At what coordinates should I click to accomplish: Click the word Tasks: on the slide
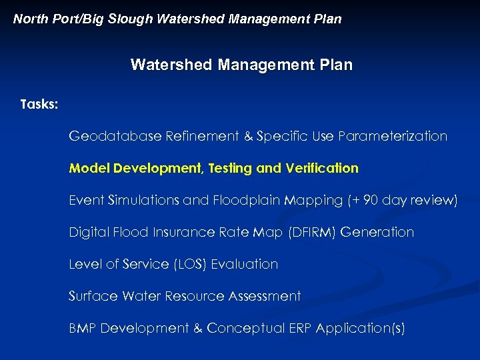point(39,105)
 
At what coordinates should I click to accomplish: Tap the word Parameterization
point(393,136)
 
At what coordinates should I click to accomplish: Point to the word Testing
point(231,169)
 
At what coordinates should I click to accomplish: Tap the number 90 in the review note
point(371,200)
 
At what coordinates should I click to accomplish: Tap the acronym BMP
point(83,328)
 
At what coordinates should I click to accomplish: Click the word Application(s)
point(360,329)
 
